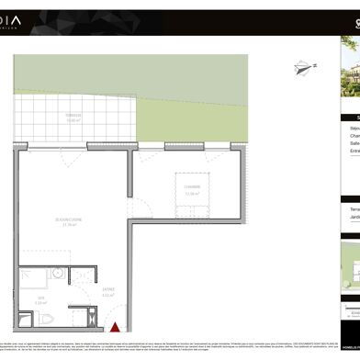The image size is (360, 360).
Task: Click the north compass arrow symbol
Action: click(300, 66)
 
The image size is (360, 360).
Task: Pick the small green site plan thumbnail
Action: click(351, 266)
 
